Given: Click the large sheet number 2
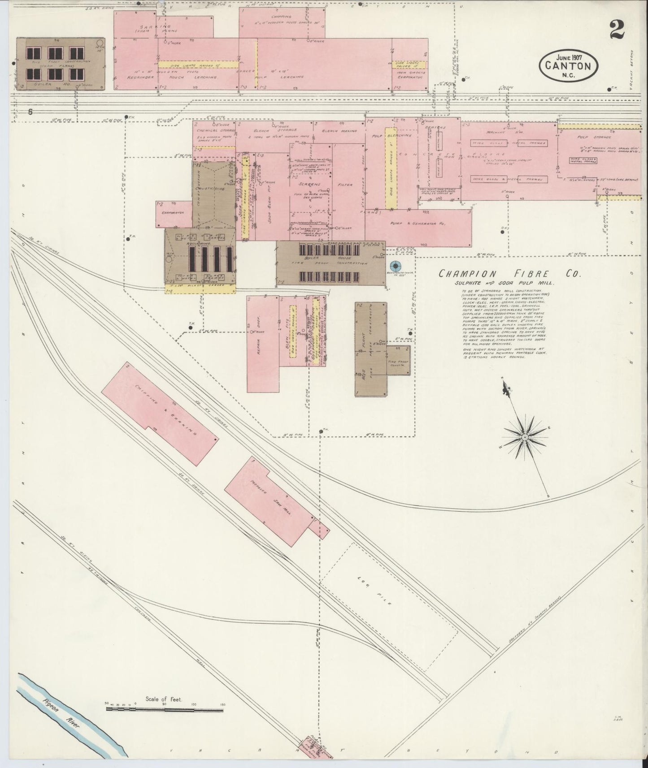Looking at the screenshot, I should click(618, 31).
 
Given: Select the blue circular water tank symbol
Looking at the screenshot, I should click(396, 267).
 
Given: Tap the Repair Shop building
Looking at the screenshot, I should click(262, 343).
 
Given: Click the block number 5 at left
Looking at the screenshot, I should click(30, 112).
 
